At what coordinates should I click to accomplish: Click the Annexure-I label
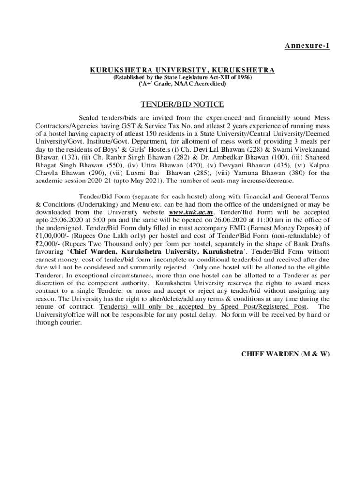point(307,45)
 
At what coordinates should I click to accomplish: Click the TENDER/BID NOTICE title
point(183,104)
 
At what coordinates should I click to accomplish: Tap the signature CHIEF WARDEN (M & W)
point(285,354)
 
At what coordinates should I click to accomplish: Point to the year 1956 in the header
point(243,77)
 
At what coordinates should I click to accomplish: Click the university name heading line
point(182,70)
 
